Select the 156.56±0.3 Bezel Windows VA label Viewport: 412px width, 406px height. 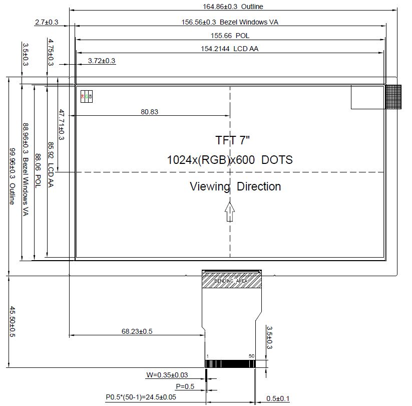click(229, 22)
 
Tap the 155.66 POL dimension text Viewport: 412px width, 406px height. click(230, 36)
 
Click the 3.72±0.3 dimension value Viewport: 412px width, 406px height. click(102, 61)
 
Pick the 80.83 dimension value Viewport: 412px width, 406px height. click(149, 112)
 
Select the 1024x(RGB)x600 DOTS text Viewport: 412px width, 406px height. click(230, 160)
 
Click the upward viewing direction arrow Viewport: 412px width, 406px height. click(230, 211)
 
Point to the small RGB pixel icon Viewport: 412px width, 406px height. click(87, 96)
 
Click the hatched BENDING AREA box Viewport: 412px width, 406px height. click(231, 281)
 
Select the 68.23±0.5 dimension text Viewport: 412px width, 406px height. click(137, 331)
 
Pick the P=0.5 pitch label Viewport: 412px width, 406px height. click(185, 386)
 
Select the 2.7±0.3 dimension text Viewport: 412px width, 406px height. click(47, 22)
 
